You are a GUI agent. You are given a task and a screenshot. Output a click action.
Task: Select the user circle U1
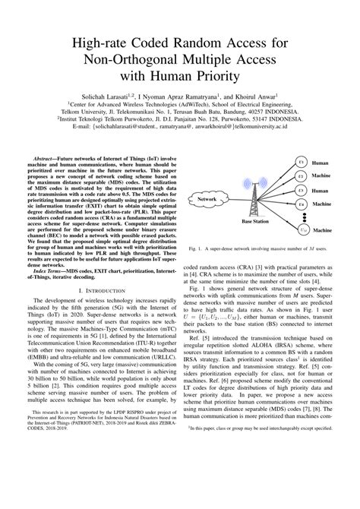coord(302,163)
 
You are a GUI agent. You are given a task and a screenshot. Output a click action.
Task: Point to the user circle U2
coord(302,176)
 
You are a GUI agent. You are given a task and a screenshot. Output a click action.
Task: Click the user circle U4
coord(302,205)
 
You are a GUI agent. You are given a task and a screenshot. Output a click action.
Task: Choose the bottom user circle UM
coord(303,229)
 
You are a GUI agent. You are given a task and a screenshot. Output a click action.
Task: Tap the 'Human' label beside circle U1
coord(324,163)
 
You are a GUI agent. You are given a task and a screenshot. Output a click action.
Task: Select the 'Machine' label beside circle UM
coord(328,229)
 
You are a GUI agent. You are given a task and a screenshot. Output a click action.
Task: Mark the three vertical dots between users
coord(302,217)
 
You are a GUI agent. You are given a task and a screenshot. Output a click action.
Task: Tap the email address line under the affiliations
coord(180,127)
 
